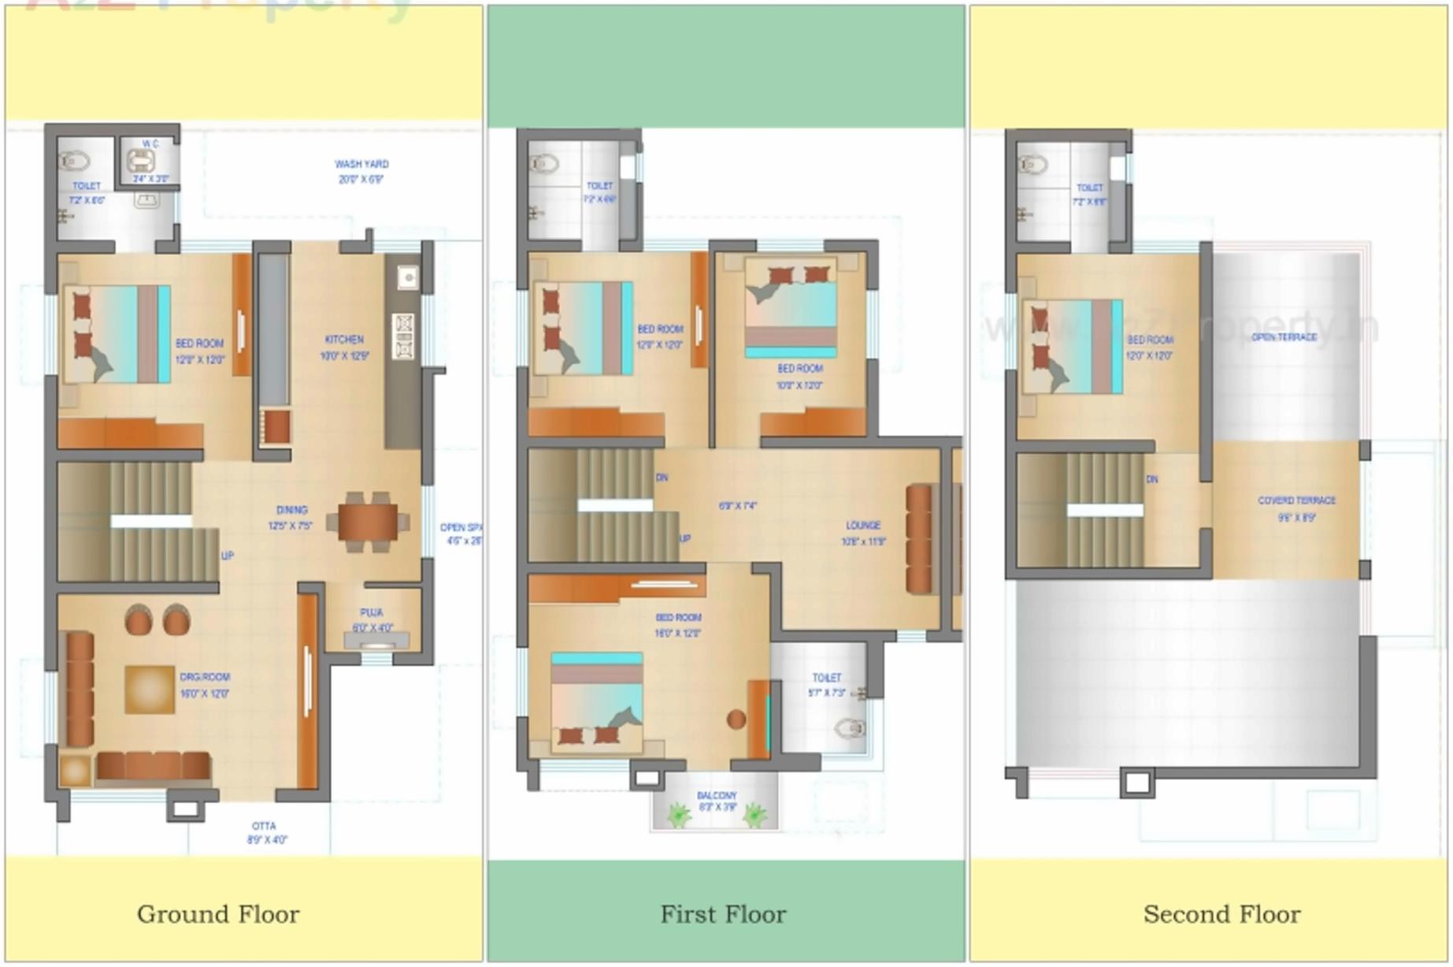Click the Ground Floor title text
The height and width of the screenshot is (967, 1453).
(218, 914)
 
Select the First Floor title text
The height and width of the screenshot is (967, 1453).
(723, 914)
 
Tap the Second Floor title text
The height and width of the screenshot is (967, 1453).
(1221, 914)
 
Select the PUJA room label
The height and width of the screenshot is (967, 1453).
(372, 612)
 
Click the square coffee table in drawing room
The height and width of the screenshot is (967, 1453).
(149, 690)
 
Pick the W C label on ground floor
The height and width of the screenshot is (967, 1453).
(150, 143)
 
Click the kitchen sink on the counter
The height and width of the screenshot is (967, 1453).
(407, 277)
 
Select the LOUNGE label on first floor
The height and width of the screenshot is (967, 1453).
(863, 526)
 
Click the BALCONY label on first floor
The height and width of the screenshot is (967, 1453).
(717, 796)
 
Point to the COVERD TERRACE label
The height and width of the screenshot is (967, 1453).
(1296, 500)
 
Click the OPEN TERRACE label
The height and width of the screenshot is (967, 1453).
(1284, 337)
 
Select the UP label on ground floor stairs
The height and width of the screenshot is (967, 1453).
(227, 556)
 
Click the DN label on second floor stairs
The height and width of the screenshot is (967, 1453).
(1151, 479)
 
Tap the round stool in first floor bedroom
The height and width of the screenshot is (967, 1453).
(736, 720)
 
